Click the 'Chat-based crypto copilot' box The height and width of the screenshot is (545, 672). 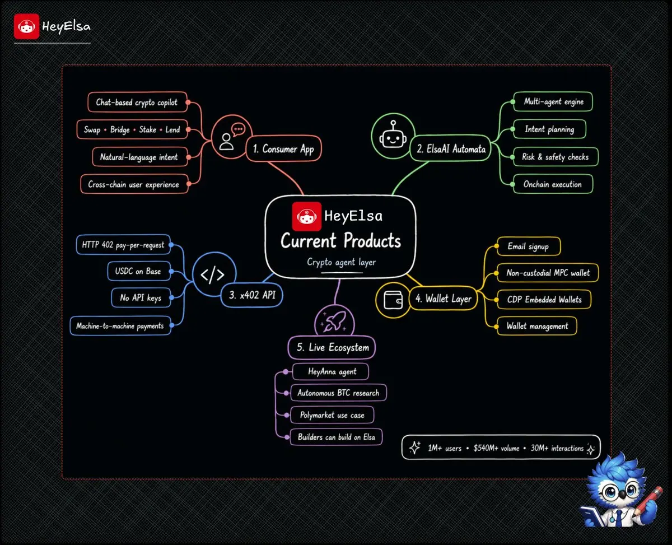pos(138,102)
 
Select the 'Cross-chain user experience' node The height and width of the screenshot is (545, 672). pos(134,184)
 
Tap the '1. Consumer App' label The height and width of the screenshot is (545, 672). pos(283,148)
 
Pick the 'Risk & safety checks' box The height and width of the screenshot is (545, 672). pos(556,156)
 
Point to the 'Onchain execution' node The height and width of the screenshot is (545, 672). pos(553,184)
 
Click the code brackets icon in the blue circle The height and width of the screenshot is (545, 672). pos(213,274)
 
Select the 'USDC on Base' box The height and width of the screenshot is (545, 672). pos(139,271)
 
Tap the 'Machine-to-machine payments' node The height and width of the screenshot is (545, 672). pos(120,325)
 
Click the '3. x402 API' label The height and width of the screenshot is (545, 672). pos(252,295)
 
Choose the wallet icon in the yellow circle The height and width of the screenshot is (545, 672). pos(393,300)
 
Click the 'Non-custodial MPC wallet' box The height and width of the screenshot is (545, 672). pos(548,273)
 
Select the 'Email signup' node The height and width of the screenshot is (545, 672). pos(529,246)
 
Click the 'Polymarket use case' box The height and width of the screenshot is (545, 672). pos(332,415)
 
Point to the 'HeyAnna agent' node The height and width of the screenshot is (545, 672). pos(330,371)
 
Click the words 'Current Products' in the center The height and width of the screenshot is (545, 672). pos(340,240)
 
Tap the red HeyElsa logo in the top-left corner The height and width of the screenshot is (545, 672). pos(26,26)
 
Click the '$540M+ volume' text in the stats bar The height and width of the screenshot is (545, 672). pos(496,448)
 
